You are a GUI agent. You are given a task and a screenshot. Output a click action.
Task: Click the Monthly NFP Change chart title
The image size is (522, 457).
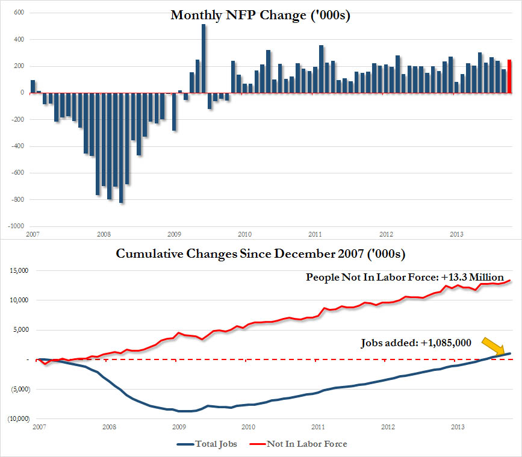(x=261, y=15)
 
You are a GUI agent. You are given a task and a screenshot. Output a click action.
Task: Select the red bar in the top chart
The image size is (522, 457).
(x=509, y=76)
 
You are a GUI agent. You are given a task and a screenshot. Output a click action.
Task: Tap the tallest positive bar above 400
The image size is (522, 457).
(x=204, y=58)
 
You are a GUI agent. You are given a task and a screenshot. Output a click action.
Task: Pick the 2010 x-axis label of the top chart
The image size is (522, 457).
(x=244, y=234)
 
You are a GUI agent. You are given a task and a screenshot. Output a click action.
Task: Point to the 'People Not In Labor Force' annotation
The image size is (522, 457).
(x=404, y=278)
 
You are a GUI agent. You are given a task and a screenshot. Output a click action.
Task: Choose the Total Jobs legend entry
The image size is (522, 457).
(x=208, y=444)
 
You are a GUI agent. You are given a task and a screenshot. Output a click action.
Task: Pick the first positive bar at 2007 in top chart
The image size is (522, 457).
(x=33, y=86)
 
